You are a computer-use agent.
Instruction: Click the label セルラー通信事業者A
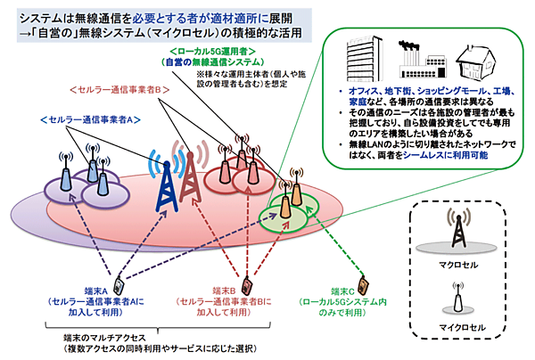coord(87,119)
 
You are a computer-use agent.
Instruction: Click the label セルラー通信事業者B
coord(115,89)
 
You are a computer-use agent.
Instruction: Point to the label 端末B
coord(230,290)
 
